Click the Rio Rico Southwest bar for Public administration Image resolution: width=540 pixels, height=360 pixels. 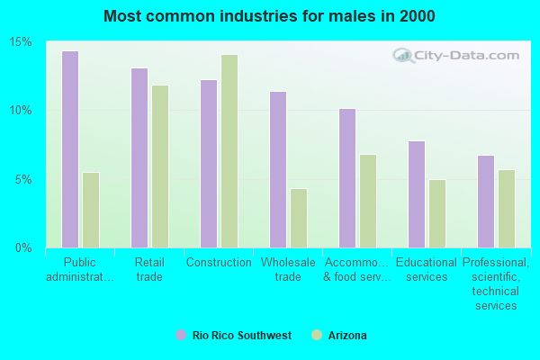70,149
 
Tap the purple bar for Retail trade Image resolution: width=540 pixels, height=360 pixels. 139,157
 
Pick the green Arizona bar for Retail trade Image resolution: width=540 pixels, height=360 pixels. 160,166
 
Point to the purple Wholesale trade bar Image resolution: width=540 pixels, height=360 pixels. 278,169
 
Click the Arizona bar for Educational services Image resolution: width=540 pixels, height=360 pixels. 437,213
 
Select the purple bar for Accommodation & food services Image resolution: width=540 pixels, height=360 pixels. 347,178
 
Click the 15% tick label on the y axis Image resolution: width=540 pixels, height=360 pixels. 22,42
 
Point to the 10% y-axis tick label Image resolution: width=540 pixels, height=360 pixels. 22,111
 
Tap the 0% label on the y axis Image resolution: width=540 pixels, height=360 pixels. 24,247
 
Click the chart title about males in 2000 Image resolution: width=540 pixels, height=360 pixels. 270,16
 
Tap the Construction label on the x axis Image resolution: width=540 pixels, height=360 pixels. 219,263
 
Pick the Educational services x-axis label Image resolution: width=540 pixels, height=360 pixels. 427,270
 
